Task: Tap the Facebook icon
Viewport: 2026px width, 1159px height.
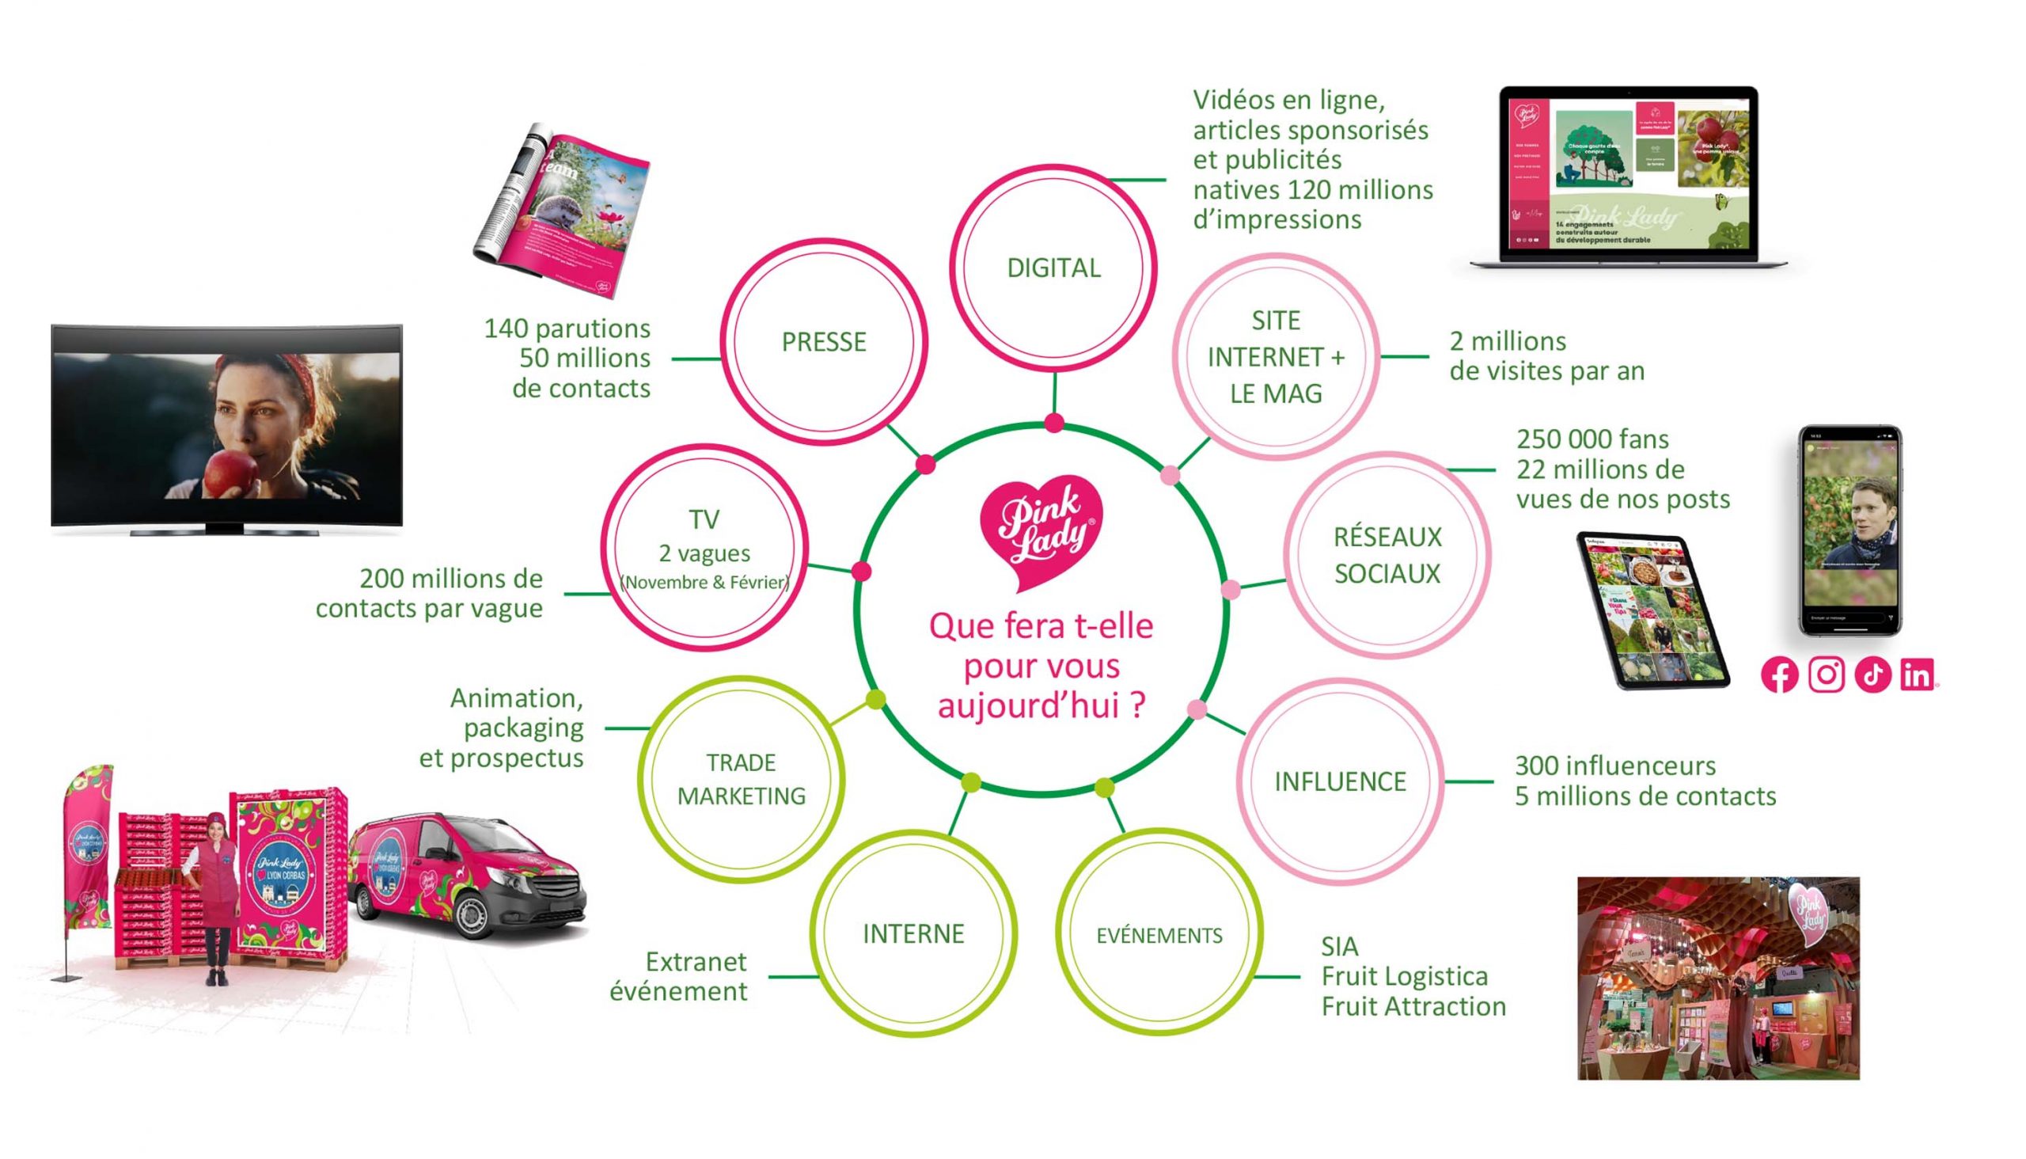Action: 1779,675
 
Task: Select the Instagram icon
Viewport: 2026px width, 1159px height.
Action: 1827,675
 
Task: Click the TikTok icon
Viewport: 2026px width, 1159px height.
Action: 1872,675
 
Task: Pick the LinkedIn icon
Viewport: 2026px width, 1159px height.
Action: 1918,675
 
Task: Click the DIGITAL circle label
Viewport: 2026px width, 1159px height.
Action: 1053,268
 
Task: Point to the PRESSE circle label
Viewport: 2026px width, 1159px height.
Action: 824,342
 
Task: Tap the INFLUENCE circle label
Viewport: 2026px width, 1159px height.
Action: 1340,781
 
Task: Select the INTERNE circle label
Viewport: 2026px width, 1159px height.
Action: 913,933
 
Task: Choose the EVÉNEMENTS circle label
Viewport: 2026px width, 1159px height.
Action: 1159,935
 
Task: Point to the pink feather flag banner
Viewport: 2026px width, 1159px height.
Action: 89,844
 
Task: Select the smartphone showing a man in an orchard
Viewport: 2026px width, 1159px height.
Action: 1850,531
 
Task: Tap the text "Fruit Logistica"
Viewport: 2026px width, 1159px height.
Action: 1405,977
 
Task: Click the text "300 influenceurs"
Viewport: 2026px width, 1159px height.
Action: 1614,766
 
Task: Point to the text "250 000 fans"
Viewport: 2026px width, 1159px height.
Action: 1592,439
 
